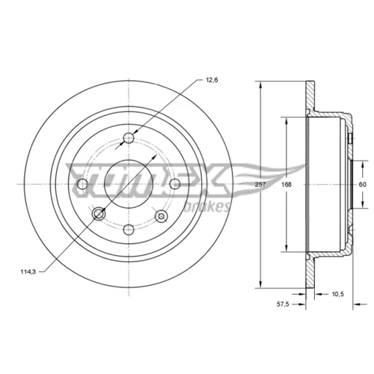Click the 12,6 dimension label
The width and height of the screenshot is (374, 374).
click(x=212, y=80)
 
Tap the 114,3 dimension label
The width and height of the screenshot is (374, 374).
click(x=28, y=272)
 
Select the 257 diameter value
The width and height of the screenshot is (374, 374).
click(x=260, y=185)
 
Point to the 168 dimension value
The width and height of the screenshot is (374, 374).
click(x=286, y=185)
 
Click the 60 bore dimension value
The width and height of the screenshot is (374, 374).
click(x=362, y=185)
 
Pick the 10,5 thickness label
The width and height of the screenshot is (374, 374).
click(x=337, y=294)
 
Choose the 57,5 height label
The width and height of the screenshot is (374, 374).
click(x=283, y=304)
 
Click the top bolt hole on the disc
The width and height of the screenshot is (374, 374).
click(x=129, y=138)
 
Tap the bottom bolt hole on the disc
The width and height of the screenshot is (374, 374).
click(x=129, y=229)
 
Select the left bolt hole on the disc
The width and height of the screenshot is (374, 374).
click(x=83, y=184)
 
